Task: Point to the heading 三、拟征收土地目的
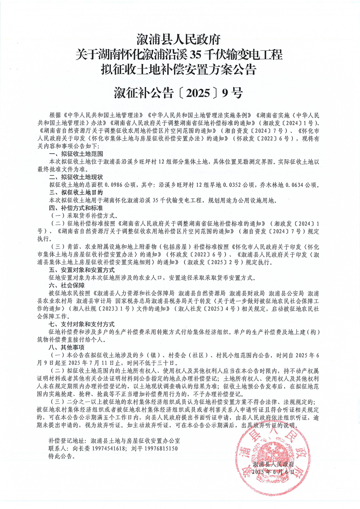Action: point(76,192)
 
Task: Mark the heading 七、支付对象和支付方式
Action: point(83,325)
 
